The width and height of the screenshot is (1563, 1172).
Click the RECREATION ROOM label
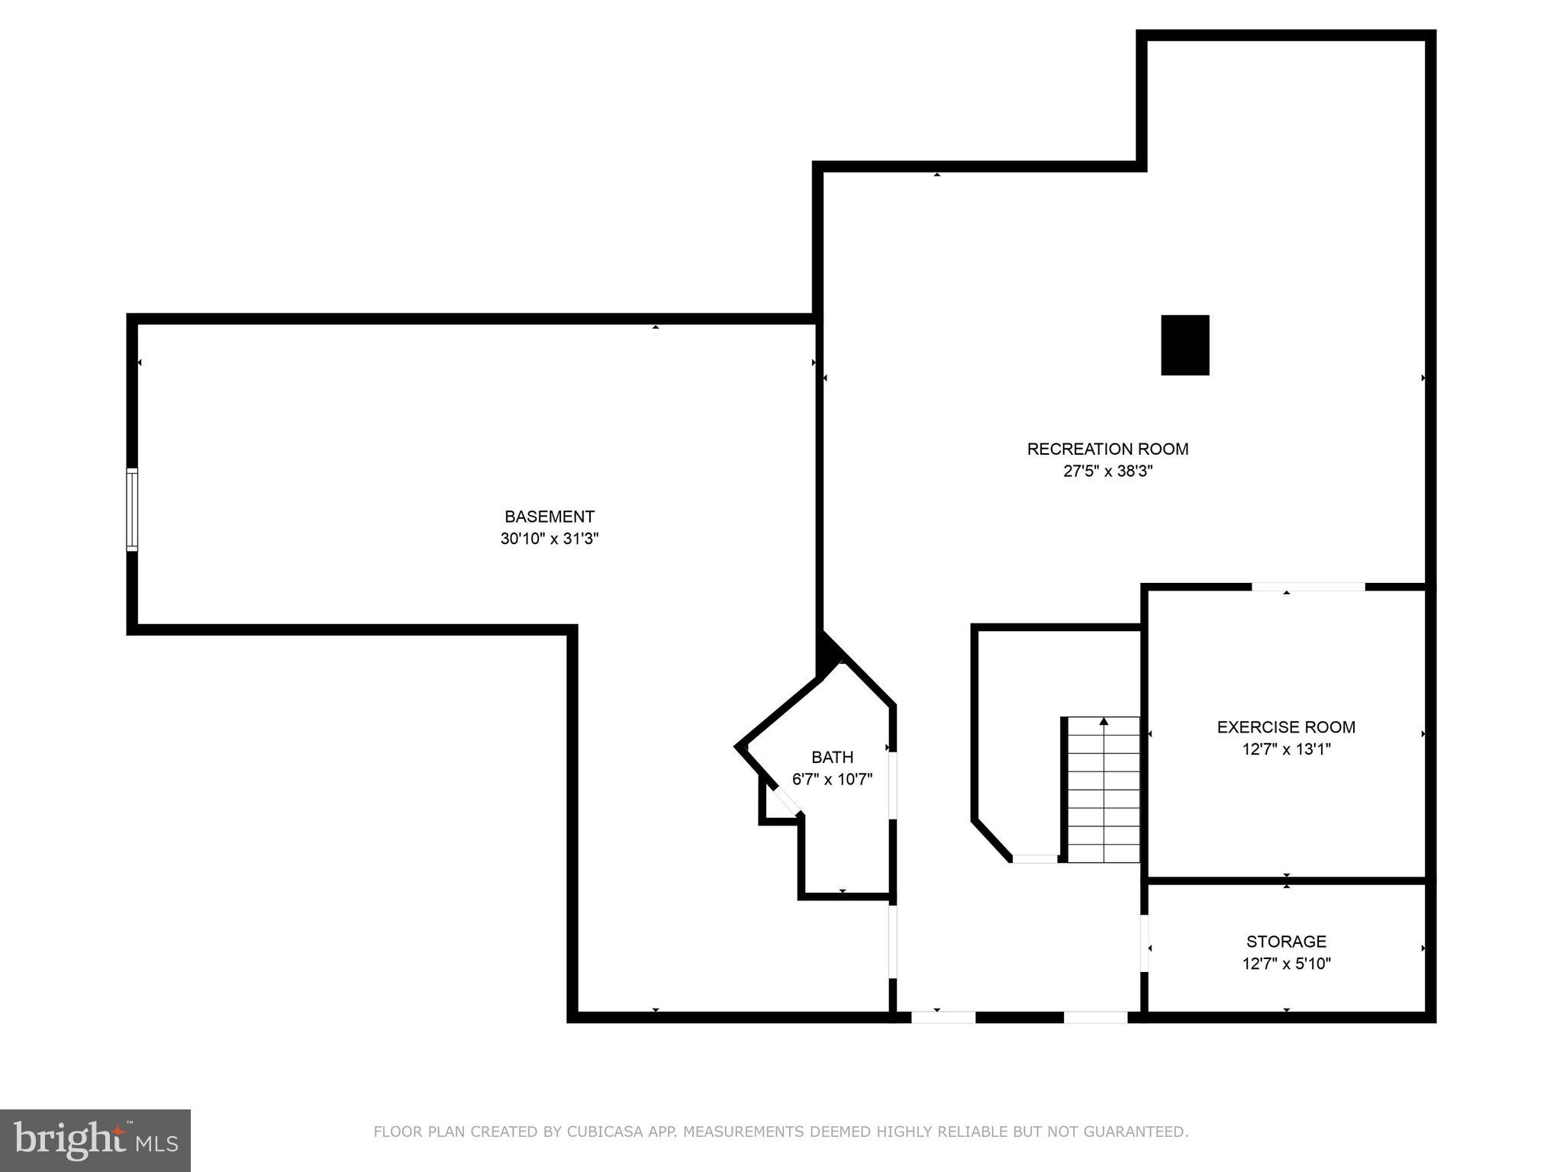(x=1107, y=449)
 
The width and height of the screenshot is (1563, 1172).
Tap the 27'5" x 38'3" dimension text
(x=1107, y=472)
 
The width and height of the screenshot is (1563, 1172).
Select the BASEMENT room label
(x=549, y=517)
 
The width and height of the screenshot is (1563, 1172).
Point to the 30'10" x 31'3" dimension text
(x=549, y=539)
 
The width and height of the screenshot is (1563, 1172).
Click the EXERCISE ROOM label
(x=1286, y=727)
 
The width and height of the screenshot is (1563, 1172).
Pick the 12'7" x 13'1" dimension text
(x=1286, y=749)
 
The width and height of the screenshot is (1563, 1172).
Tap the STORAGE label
(x=1286, y=942)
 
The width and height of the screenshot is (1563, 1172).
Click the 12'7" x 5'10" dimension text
(x=1286, y=964)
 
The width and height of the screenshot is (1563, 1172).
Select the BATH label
(x=832, y=757)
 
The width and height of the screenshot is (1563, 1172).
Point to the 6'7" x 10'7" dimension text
(x=832, y=780)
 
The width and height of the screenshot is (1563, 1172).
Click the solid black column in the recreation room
(x=1184, y=345)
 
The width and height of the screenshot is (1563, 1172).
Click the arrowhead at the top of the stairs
(x=1104, y=721)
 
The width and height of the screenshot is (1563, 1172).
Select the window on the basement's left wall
(x=132, y=509)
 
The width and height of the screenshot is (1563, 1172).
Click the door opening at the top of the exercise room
(x=1307, y=587)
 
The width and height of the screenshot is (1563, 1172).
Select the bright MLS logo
(x=95, y=1140)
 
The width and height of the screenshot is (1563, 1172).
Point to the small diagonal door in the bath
(x=785, y=801)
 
